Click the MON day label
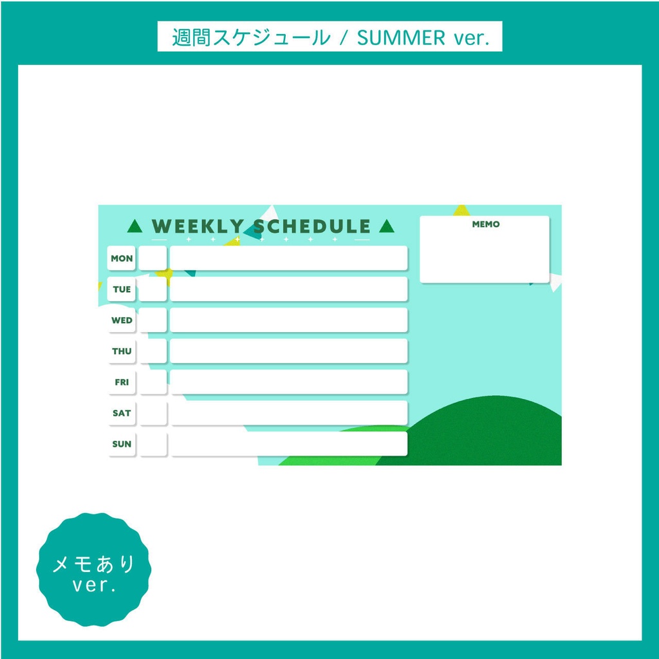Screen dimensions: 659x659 click(x=122, y=258)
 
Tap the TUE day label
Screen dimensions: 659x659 click(x=122, y=289)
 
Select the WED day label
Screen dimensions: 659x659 click(x=122, y=320)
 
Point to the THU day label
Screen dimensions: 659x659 click(x=122, y=351)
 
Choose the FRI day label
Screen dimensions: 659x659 click(x=122, y=382)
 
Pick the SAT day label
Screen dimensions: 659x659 click(x=122, y=413)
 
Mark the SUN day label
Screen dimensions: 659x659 click(x=122, y=443)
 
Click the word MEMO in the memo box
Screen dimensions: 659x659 click(x=485, y=225)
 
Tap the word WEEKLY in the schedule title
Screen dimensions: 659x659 click(x=197, y=227)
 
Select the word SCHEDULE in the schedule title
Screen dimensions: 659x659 click(x=312, y=227)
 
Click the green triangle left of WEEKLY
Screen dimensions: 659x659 click(x=135, y=227)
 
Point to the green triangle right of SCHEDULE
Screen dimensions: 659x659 click(x=386, y=227)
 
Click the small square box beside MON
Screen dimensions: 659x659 click(x=153, y=258)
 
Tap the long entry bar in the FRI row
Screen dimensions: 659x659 click(x=288, y=382)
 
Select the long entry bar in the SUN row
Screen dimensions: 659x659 click(x=288, y=443)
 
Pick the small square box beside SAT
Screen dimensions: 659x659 click(x=153, y=413)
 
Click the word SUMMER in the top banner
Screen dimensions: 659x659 click(x=401, y=37)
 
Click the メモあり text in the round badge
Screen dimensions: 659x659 click(x=94, y=564)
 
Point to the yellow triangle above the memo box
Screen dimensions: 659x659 click(x=461, y=210)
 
